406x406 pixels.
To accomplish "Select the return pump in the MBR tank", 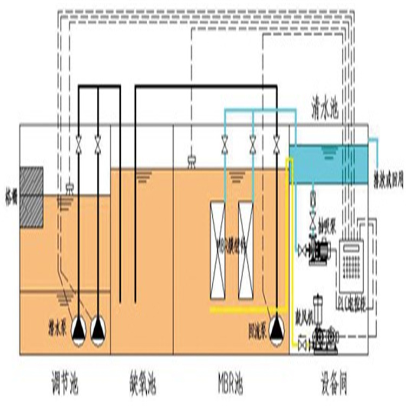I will coord(277,324).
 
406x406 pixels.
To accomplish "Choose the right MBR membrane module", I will coord(246,250).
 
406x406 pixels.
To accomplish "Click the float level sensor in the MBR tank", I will coord(192,160).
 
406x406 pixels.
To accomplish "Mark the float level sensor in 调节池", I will coord(69,188).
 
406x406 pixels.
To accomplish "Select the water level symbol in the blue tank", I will coord(328,153).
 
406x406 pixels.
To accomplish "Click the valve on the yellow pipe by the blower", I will coord(302,343).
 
